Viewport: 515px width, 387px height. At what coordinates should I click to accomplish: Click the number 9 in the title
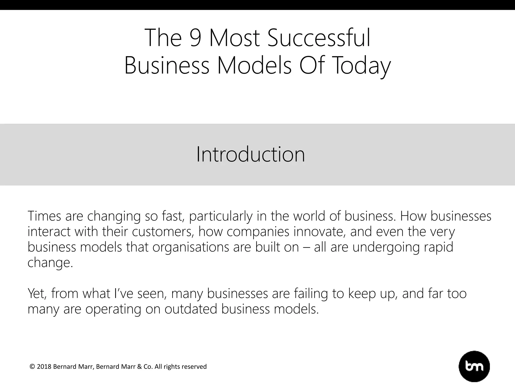195,38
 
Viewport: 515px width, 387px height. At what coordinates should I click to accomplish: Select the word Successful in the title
319,38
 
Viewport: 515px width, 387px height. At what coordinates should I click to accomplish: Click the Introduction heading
250,154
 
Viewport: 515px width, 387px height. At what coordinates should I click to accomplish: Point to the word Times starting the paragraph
44,216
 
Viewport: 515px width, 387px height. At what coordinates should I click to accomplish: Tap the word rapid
439,247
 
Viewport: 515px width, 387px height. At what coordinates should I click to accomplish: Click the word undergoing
386,248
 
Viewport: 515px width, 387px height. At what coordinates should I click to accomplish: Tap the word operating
113,309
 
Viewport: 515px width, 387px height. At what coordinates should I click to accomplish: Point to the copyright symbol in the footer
32,367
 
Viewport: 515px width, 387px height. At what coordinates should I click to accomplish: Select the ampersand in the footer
140,367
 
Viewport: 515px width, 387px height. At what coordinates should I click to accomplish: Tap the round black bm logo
474,367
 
